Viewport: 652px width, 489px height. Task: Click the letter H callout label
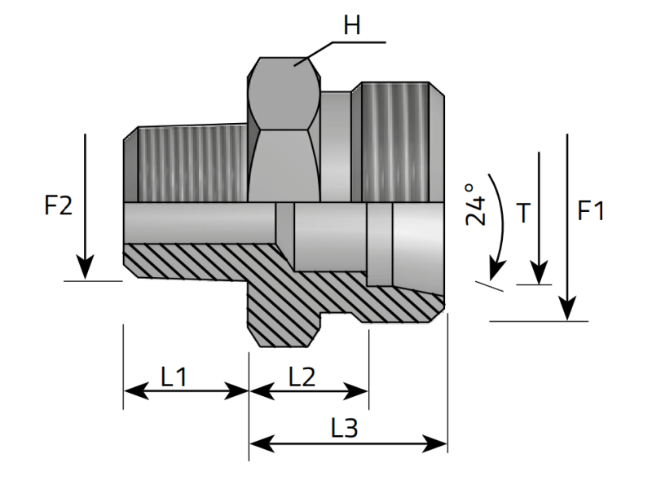pos(352,25)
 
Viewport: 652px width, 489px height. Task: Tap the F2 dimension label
pos(58,205)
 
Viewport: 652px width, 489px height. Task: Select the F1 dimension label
pos(591,210)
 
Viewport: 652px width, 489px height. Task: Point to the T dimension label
pos(523,213)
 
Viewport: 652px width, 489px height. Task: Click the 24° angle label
pos(476,205)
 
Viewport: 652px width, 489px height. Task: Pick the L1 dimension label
pos(174,377)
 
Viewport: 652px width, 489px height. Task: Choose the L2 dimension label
pos(302,377)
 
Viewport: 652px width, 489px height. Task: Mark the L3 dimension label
pos(344,428)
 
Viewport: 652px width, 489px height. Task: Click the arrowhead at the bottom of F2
pos(85,268)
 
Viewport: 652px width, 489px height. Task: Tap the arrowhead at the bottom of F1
pos(567,309)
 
